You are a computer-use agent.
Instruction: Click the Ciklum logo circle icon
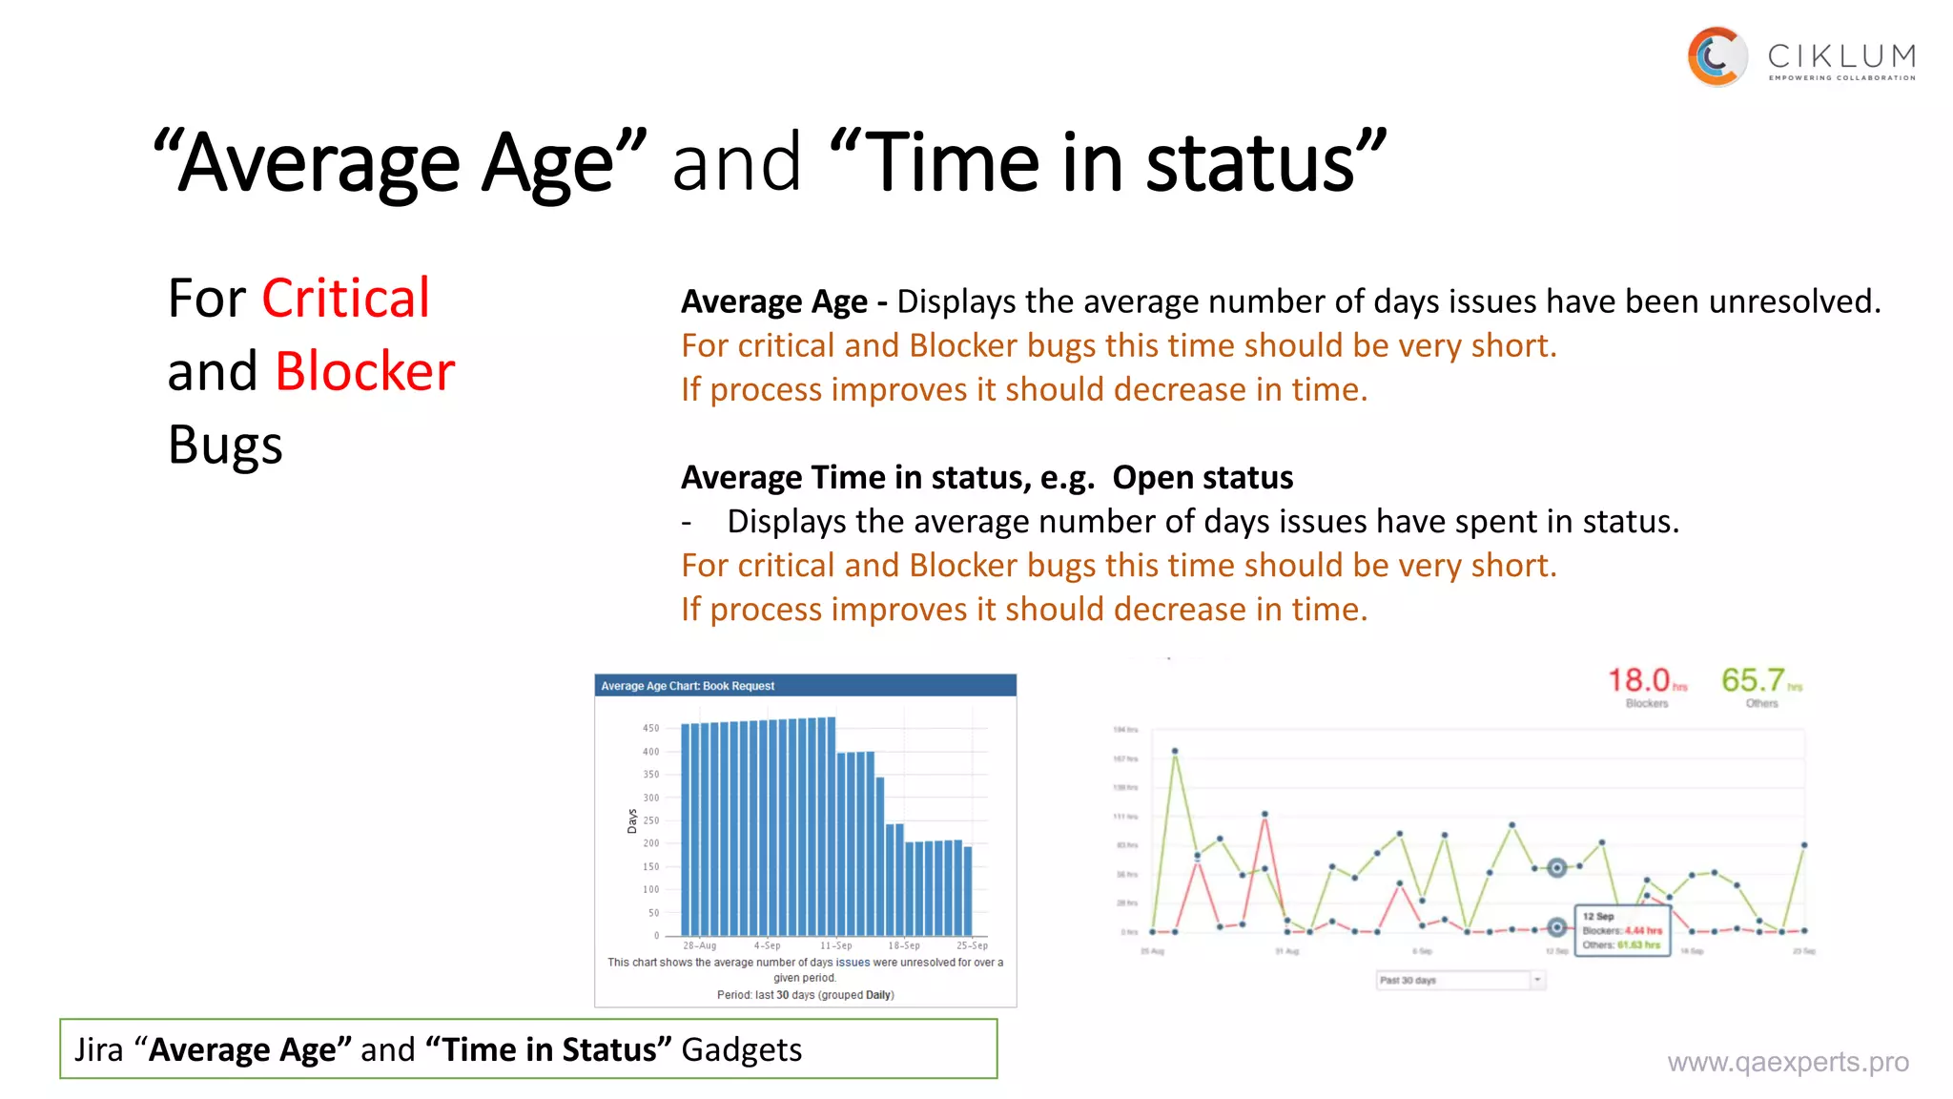tap(1717, 57)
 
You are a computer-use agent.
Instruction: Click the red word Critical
tap(345, 299)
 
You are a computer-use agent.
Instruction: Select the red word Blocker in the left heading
tap(364, 371)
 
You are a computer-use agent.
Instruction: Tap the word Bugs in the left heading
tap(225, 446)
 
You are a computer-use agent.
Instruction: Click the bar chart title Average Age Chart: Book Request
tap(688, 686)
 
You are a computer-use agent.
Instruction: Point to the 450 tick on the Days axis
tap(650, 728)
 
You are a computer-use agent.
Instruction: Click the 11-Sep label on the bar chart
tap(835, 945)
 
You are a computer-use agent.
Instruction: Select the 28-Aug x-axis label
tap(699, 945)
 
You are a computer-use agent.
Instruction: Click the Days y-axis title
tap(631, 820)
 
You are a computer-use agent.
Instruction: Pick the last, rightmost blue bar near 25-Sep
tap(968, 891)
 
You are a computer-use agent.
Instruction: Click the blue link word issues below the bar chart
tap(853, 963)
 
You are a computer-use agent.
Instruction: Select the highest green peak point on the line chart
tap(1175, 752)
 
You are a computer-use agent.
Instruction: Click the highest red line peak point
tap(1264, 815)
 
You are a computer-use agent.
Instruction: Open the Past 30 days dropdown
tap(1460, 980)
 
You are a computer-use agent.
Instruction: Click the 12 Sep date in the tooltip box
tap(1598, 916)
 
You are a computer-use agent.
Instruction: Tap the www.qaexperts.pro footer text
tap(1787, 1062)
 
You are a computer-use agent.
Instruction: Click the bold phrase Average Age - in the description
tap(784, 301)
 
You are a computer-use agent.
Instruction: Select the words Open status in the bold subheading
tap(1203, 477)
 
